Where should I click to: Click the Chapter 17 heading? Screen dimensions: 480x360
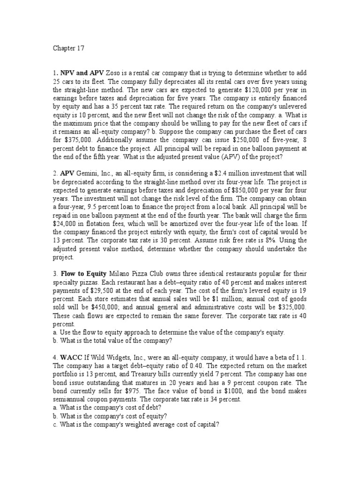(x=66, y=47)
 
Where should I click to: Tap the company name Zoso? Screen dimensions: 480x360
(x=116, y=73)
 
